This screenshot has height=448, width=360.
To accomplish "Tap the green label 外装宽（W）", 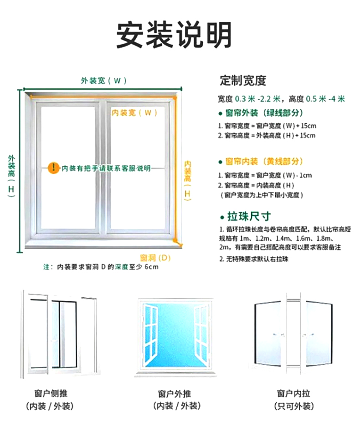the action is tap(103, 81).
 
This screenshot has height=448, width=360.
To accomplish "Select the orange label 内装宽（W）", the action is tap(134, 112).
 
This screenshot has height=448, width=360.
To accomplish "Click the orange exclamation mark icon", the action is tap(54, 168).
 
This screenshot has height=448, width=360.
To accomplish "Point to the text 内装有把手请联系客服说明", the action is tap(106, 168).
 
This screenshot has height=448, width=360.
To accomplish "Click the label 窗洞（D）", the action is tap(155, 258).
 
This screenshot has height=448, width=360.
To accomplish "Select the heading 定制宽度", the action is tap(243, 81).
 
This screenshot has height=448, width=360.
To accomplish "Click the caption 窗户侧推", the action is tap(51, 393).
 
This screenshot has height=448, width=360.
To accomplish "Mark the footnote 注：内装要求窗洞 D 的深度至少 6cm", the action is tap(101, 267).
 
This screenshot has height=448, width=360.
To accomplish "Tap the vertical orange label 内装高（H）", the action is tap(187, 180).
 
